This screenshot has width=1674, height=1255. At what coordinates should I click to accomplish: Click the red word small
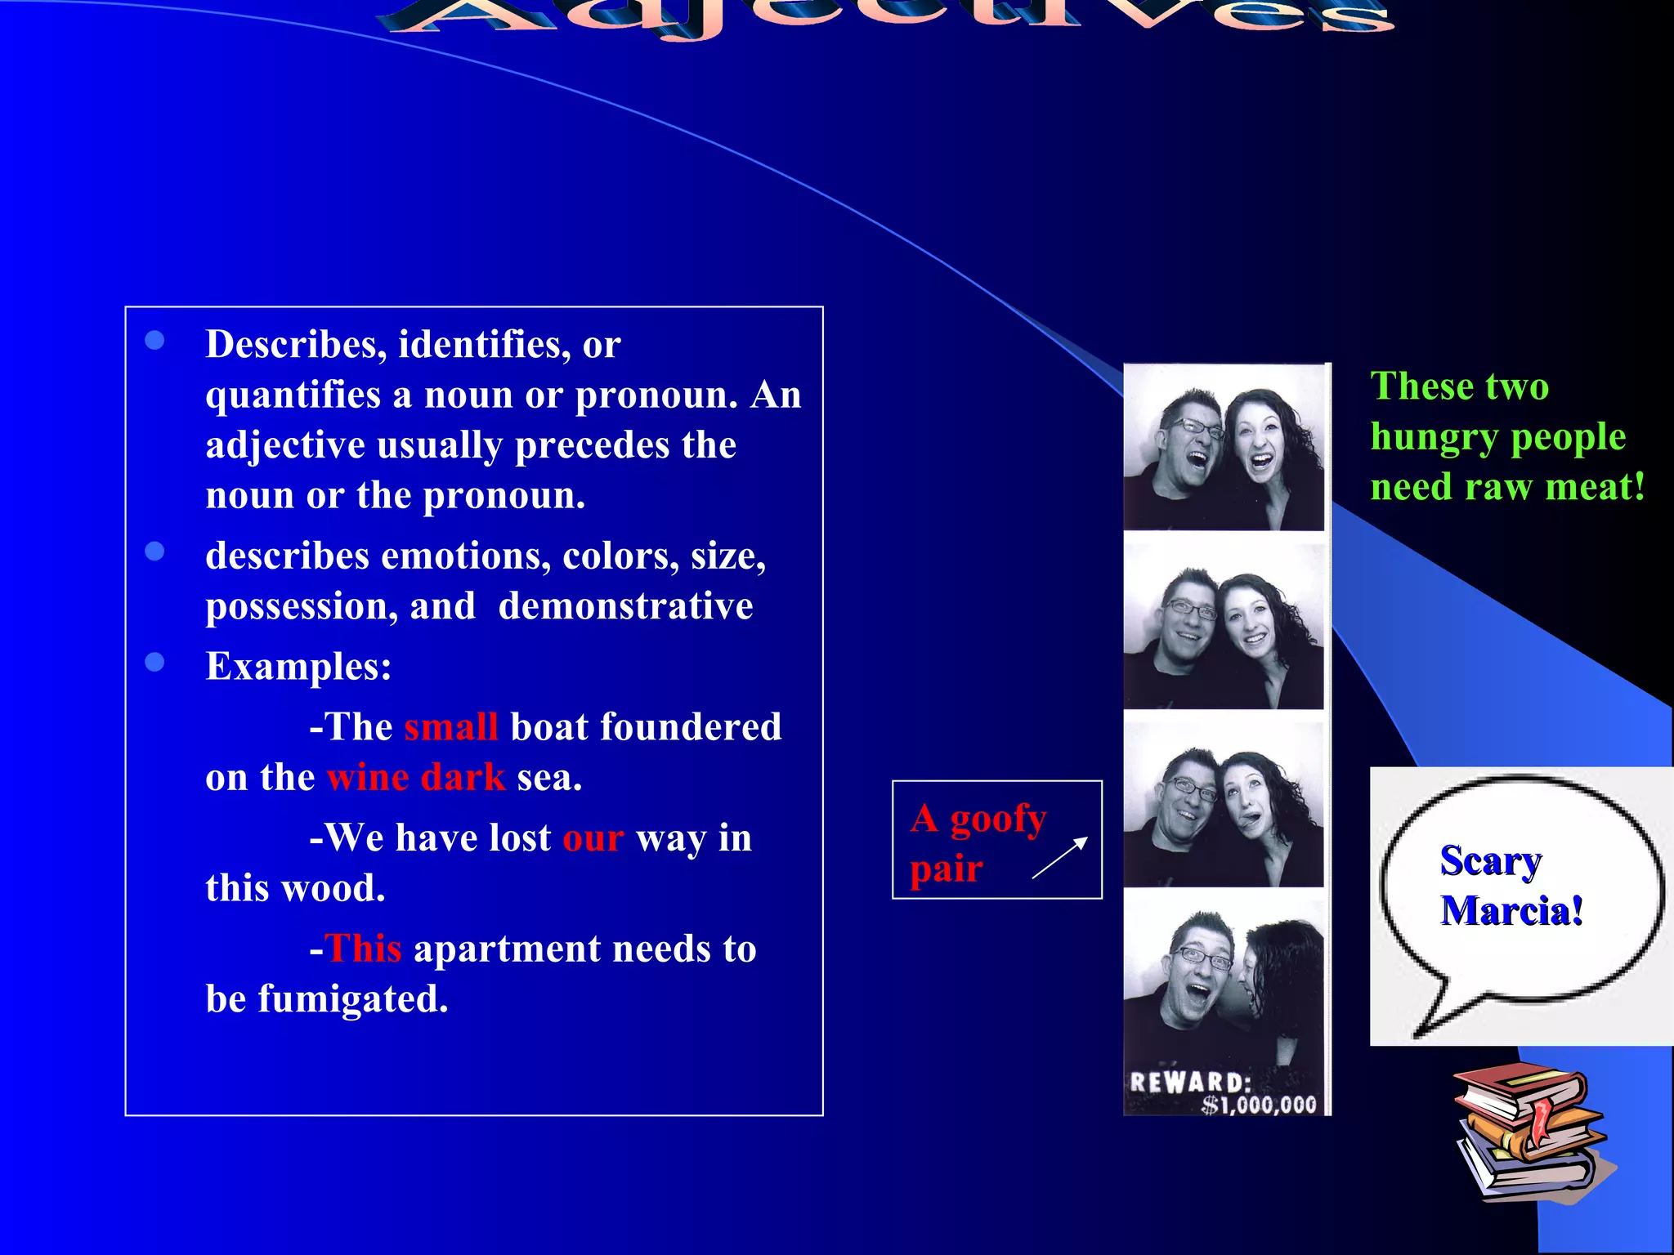pos(450,726)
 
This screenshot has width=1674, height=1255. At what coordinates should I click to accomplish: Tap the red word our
pos(593,838)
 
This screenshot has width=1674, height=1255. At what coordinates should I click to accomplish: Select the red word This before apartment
pos(364,949)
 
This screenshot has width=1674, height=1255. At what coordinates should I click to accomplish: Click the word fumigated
pos(353,999)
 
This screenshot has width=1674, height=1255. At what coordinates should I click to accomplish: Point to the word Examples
pos(298,666)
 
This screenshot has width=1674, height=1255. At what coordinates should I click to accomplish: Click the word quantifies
pos(293,395)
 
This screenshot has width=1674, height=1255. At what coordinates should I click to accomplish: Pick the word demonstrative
pos(625,606)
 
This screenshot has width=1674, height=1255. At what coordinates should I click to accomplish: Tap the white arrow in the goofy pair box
pos(1060,857)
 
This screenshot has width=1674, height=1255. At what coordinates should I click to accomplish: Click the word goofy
pos(998,818)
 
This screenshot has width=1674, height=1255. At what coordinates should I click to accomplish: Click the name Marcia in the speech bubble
pos(1511,910)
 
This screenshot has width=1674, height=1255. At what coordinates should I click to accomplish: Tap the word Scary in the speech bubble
pos(1491,860)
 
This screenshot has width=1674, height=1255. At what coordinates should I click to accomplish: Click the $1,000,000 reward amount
pos(1259,1105)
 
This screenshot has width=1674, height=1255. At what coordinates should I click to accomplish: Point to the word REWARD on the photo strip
pos(1190,1083)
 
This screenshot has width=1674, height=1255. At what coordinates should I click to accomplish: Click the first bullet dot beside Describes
pos(154,341)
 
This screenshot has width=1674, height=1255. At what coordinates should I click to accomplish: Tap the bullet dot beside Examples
pos(154,662)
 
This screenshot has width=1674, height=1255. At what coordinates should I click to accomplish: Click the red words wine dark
pos(416,777)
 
